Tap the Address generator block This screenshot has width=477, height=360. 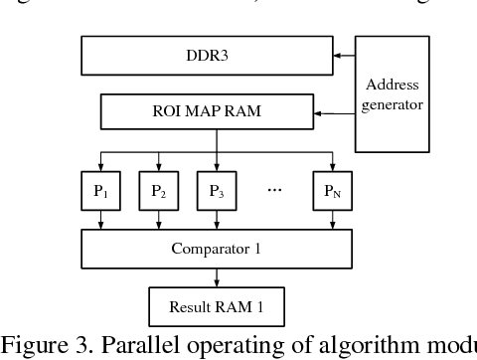(x=392, y=94)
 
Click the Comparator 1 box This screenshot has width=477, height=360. (x=217, y=249)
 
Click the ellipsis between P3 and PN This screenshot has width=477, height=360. (x=275, y=189)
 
